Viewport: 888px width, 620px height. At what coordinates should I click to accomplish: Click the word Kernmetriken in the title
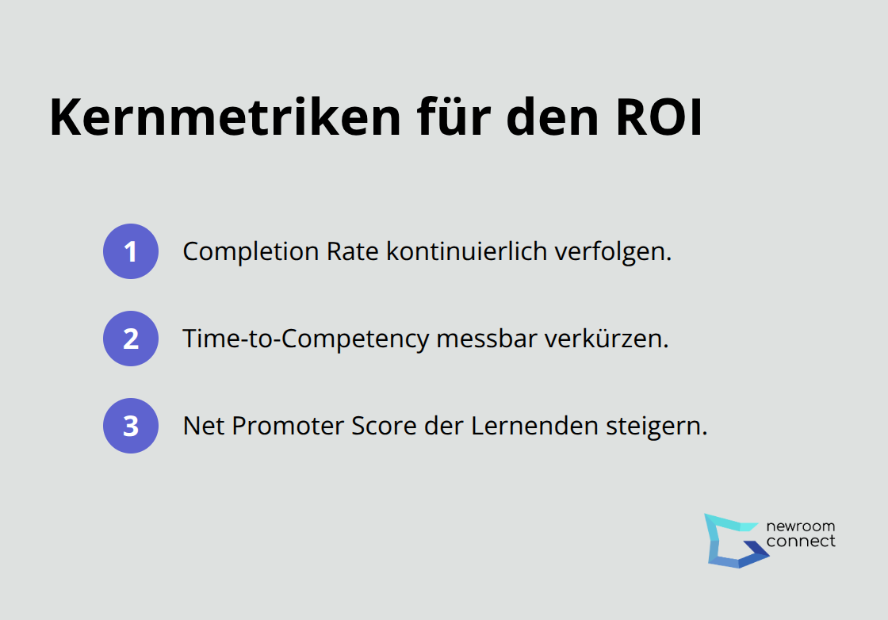[x=225, y=117]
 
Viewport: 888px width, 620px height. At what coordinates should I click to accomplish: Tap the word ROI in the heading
[x=659, y=118]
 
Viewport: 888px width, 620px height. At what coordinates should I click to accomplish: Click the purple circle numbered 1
[x=131, y=251]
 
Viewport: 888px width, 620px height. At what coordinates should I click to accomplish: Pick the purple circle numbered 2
[x=131, y=339]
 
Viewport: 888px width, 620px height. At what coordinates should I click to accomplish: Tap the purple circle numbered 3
[x=131, y=426]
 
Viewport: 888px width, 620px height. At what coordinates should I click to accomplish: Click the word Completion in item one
[x=251, y=252]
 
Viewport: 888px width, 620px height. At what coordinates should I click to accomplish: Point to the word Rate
[x=352, y=251]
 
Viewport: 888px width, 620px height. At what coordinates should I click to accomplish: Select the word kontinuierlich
[x=467, y=251]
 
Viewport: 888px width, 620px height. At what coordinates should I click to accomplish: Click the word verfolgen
[x=613, y=252]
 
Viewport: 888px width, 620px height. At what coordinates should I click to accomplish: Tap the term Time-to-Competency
[x=306, y=339]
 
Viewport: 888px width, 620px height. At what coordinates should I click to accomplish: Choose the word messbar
[x=487, y=339]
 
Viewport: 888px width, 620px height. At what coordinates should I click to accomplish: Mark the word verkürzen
[x=607, y=339]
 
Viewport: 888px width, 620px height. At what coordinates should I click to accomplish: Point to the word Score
[x=384, y=427]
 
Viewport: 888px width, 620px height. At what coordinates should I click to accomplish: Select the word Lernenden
[x=534, y=426]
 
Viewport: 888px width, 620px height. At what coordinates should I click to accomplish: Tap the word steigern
[x=657, y=427]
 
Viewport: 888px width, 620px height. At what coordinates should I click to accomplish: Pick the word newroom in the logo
[x=800, y=526]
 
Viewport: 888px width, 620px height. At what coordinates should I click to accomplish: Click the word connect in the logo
[x=801, y=542]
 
